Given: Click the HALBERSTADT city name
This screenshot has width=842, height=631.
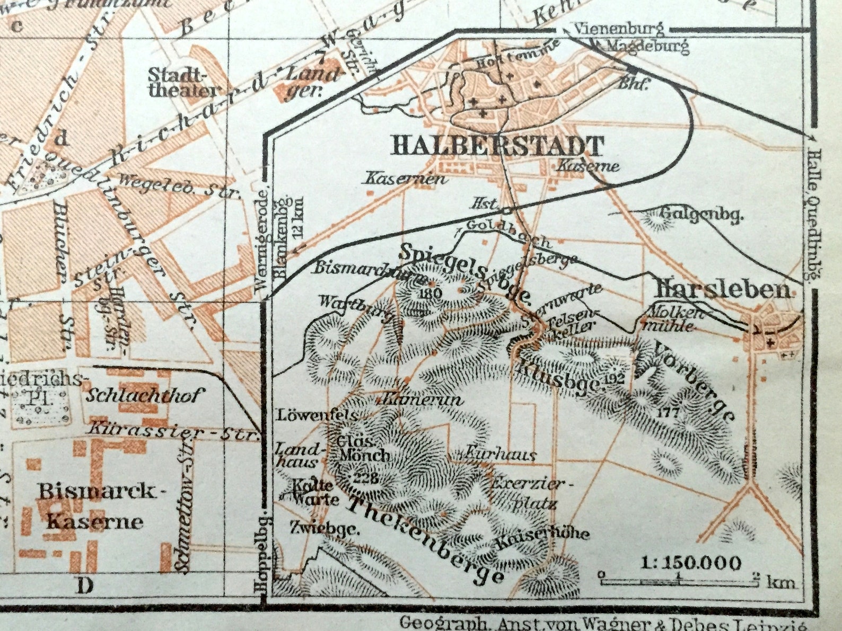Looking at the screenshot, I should point(497,146).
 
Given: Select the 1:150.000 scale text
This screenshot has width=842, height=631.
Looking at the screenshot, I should point(691,563).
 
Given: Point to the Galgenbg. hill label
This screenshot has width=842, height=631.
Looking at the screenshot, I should point(701,214).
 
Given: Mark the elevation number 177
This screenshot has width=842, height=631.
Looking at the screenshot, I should point(666,412).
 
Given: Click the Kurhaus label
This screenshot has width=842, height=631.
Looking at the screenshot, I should point(501,454).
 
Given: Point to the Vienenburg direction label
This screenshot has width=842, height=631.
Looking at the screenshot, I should point(619,28).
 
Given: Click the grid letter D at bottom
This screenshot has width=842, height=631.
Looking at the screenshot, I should point(85,586).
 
